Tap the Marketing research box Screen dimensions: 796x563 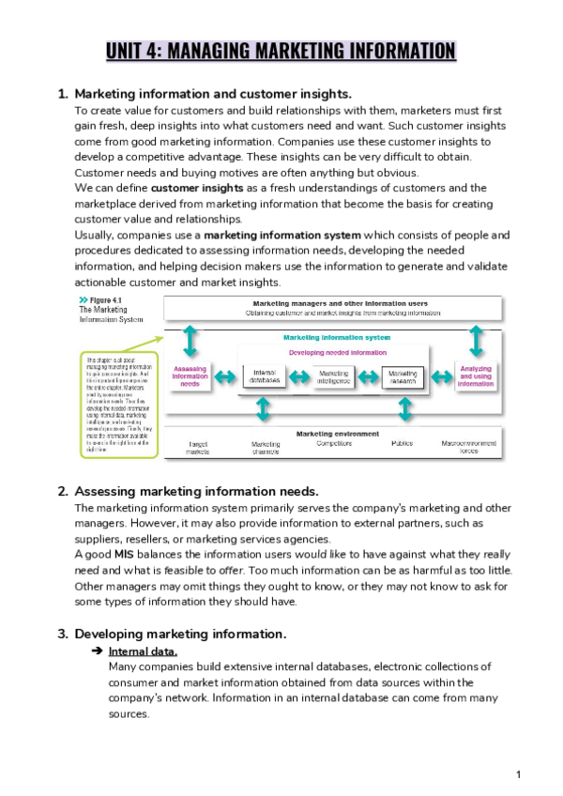pyautogui.click(x=403, y=377)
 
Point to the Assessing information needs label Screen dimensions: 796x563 pyautogui.click(x=190, y=376)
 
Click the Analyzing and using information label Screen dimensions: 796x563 pyautogui.click(x=476, y=376)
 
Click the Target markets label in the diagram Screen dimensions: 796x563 pyautogui.click(x=198, y=448)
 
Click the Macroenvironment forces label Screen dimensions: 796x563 pyautogui.click(x=475, y=448)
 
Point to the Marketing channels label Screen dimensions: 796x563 pyautogui.click(x=266, y=448)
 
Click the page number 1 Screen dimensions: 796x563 pyautogui.click(x=518, y=774)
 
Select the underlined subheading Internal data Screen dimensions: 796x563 pyautogui.click(x=143, y=651)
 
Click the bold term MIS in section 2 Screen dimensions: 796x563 pyautogui.click(x=124, y=555)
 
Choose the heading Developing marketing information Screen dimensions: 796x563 pyautogui.click(x=180, y=633)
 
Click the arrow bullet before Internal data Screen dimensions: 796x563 pyautogui.click(x=96, y=651)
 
